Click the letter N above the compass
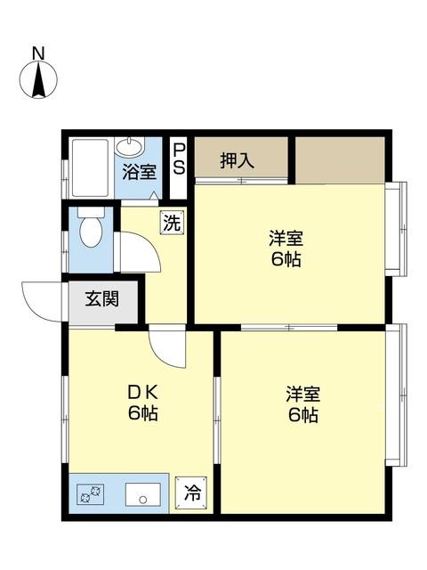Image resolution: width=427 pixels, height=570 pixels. point(39,54)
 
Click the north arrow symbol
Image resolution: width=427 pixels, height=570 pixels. point(39,81)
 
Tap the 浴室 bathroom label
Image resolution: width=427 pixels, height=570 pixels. point(137,173)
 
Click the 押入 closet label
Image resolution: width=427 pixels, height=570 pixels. point(238,161)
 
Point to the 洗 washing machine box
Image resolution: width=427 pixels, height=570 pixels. point(172,223)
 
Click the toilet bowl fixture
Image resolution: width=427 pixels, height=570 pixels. point(90,231)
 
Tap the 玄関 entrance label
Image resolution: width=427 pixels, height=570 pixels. point(102,298)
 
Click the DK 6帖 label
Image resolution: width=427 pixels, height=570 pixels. point(141,403)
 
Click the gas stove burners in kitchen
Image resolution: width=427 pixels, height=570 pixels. point(92,492)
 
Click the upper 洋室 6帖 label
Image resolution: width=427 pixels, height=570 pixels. point(286,249)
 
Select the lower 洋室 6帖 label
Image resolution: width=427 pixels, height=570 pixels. point(302,404)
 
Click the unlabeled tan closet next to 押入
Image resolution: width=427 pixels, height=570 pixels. point(340,159)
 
